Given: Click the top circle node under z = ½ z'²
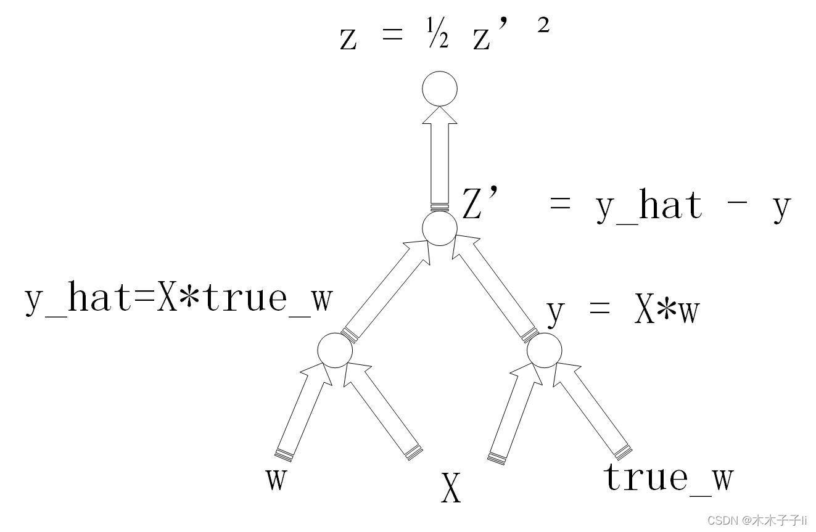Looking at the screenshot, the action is click(439, 89).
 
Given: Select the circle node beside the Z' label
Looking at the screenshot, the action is click(439, 228).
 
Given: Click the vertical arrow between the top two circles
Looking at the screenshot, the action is click(440, 160).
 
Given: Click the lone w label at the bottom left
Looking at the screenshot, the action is click(276, 479).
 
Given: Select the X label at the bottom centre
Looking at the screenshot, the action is click(451, 488).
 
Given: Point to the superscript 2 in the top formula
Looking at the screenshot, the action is click(542, 28).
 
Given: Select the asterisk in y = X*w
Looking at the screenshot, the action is click(667, 311).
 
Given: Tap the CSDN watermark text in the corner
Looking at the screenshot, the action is click(757, 520).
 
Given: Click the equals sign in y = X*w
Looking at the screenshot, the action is click(599, 311).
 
